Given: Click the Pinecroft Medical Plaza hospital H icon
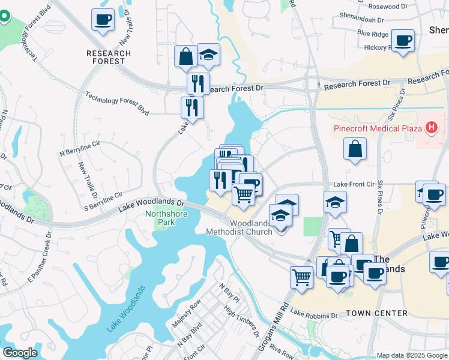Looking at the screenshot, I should click(430, 127).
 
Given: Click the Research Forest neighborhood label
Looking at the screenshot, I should click(109, 57).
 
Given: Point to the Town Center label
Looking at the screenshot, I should click(377, 313).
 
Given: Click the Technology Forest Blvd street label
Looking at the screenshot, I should click(117, 103).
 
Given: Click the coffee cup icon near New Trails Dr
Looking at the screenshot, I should click(103, 19).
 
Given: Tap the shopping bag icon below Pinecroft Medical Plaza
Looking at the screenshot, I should click(355, 148).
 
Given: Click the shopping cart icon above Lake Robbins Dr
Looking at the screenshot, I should click(301, 277).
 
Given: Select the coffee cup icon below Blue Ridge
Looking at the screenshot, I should click(402, 40).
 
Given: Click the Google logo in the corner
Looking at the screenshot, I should click(20, 353).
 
